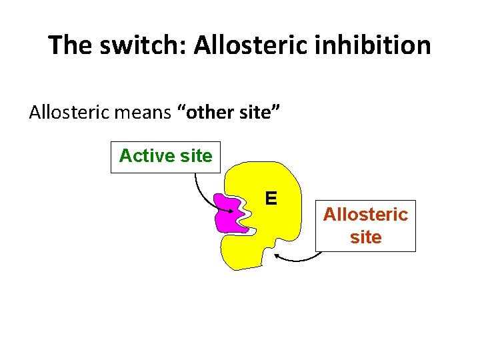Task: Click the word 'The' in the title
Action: [71, 45]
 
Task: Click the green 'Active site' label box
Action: [165, 157]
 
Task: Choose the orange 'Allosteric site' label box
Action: [365, 225]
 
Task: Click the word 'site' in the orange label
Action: [365, 237]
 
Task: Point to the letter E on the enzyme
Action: [271, 198]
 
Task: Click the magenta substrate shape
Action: [229, 213]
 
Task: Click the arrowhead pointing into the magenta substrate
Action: [231, 211]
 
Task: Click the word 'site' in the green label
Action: [196, 157]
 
